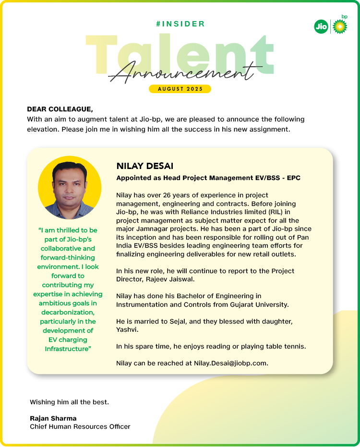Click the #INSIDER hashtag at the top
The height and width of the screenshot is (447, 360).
pos(180,24)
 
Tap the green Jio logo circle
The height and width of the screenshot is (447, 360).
pos(321,27)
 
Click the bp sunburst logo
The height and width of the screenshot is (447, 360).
pos(339,26)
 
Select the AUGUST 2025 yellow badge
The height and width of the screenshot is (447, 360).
pos(180,89)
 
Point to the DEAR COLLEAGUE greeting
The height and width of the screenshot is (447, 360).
pos(60,109)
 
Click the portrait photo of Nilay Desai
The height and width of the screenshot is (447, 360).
pos(70,188)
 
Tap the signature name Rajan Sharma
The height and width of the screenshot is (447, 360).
pos(53,418)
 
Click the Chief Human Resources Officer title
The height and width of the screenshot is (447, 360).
pos(80,426)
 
